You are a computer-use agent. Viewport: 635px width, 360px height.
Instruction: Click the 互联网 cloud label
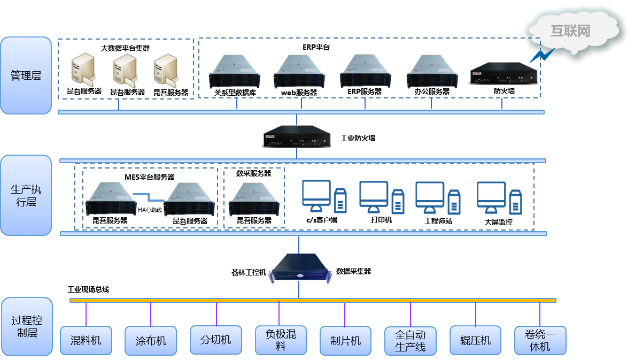570,30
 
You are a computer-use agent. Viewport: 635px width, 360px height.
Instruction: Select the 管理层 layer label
26,75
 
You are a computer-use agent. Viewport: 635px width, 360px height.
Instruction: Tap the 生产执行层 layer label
26,196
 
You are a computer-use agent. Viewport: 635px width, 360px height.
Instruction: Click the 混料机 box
86,340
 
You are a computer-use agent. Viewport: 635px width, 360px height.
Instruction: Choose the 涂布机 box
151,341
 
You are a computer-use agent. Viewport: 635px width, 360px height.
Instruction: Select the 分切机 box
215,340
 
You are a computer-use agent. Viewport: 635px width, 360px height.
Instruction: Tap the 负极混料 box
281,340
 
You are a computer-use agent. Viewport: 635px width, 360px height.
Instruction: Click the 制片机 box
345,341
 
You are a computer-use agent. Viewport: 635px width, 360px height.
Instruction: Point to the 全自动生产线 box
410,341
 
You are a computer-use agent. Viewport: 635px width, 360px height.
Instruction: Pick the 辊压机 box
475,340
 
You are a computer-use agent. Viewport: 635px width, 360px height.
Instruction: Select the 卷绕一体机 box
540,341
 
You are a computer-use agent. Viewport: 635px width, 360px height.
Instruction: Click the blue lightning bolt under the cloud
541,55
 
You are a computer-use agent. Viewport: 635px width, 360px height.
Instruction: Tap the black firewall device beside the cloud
503,74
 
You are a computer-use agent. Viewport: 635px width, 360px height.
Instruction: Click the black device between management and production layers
297,136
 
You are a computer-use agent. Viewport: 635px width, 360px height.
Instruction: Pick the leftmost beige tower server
84,70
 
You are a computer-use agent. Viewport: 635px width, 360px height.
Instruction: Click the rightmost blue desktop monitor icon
491,195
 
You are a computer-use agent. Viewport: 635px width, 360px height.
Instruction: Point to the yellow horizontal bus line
313,300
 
